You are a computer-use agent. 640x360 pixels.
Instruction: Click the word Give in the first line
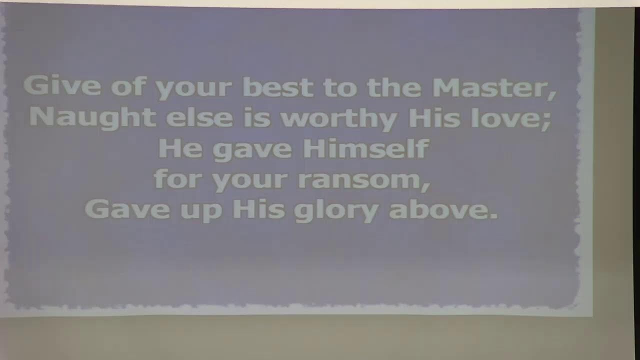coord(62,85)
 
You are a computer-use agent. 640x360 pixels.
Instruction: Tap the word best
coord(278,87)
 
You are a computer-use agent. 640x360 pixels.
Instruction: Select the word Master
coord(490,87)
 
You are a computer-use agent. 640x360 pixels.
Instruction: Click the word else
coord(199,117)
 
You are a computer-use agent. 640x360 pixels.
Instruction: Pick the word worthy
coord(339,119)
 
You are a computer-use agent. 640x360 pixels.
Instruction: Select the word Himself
coord(366,148)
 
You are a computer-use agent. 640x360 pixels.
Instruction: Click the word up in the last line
coord(201,211)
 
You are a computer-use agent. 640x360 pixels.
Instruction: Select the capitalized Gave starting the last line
coord(127,209)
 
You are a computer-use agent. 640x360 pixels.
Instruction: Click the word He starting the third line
coord(180,148)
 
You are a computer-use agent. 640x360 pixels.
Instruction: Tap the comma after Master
coord(552,95)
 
